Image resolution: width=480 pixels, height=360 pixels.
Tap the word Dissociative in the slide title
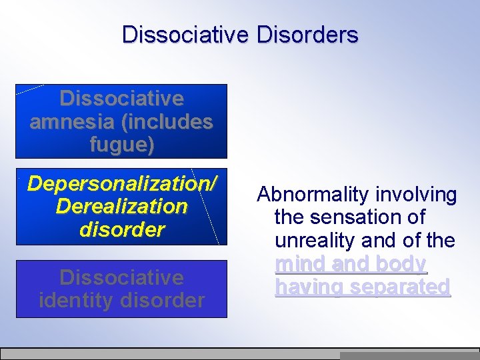point(183,35)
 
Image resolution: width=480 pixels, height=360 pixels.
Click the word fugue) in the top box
point(122,145)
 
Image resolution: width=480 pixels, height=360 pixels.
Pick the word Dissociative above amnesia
point(121,99)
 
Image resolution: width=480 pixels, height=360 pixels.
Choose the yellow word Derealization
point(122,206)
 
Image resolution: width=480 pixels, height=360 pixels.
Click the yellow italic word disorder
point(122,229)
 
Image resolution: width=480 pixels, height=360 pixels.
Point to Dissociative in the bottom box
point(121,277)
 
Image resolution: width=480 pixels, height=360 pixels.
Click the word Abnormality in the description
point(313,195)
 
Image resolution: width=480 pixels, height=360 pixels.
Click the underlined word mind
point(298,264)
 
